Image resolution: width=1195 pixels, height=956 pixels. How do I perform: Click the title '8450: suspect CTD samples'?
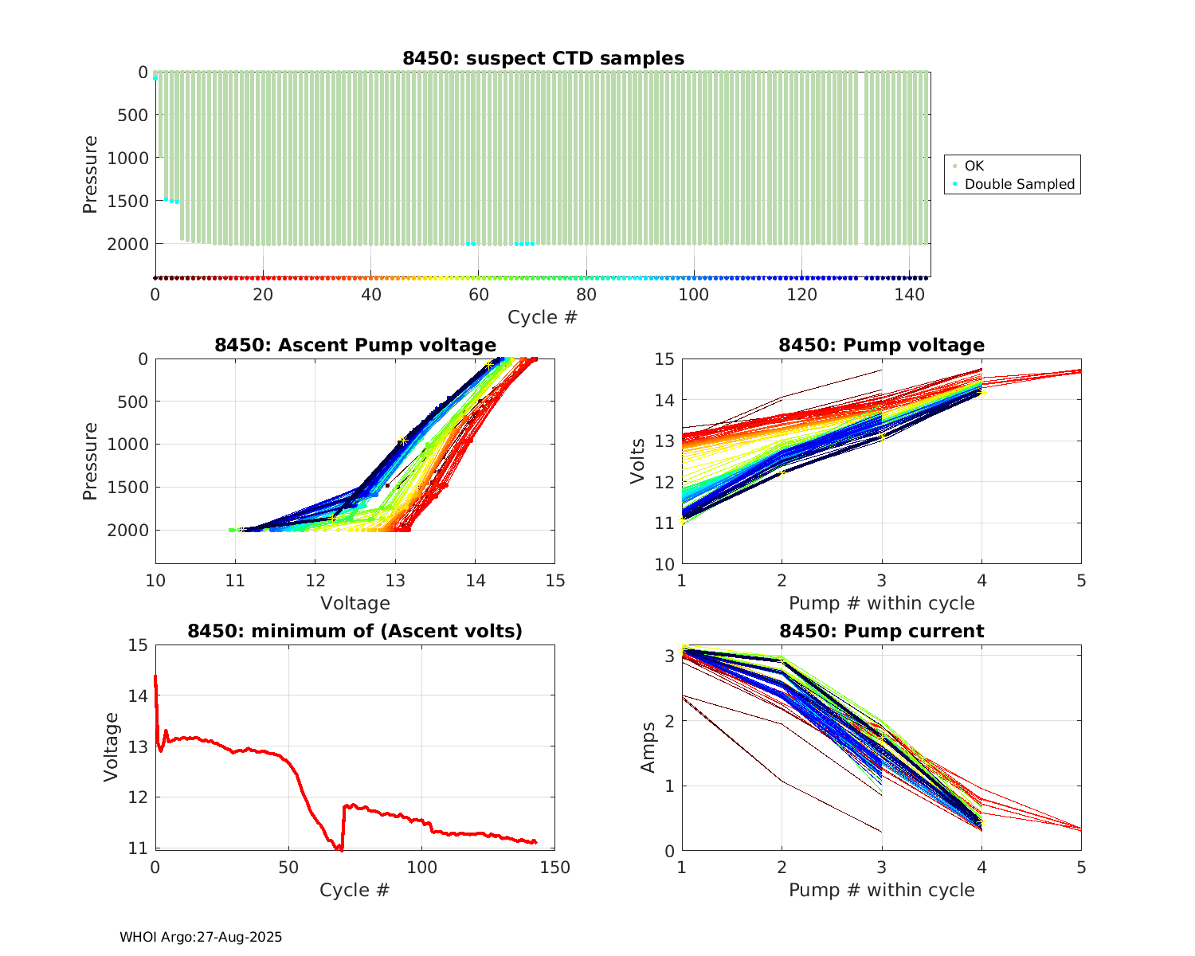tap(543, 58)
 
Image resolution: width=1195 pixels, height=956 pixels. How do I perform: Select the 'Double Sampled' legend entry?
tap(1019, 184)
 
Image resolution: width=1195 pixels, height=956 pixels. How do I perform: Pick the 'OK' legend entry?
tap(974, 166)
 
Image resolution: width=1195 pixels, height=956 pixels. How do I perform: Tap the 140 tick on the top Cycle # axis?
tap(909, 294)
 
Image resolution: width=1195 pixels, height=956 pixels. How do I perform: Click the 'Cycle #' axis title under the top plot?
tap(543, 317)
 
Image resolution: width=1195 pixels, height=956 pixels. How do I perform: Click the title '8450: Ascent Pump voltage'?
tap(355, 345)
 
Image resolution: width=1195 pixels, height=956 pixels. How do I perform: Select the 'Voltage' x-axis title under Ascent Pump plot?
tap(355, 603)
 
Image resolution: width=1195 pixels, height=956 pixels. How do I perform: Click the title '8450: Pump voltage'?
tap(881, 345)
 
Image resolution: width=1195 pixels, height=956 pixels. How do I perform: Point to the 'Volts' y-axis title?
tap(637, 461)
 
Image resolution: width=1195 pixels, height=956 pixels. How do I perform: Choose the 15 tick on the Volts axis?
tap(664, 359)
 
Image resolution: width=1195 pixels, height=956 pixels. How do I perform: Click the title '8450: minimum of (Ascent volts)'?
tap(355, 631)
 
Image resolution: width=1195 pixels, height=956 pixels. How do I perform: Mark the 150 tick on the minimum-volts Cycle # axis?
tap(554, 868)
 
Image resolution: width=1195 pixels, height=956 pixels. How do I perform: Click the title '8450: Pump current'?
tap(881, 631)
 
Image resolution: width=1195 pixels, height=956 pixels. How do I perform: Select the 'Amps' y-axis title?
tap(648, 746)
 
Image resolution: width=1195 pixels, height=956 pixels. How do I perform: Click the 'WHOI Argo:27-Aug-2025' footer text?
tap(201, 937)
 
